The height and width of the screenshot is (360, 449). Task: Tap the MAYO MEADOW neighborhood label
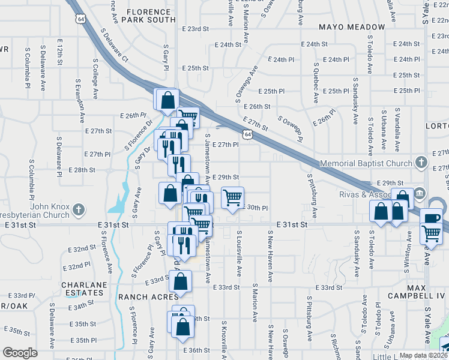(352, 27)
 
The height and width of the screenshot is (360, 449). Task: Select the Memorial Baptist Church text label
(366, 163)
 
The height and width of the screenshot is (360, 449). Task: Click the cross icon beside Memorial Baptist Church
(421, 163)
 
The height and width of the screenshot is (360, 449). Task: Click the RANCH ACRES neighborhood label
(148, 296)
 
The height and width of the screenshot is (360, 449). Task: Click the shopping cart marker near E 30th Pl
(232, 197)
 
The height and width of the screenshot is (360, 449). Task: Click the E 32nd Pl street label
(79, 264)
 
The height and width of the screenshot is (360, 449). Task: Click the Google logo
(20, 352)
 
